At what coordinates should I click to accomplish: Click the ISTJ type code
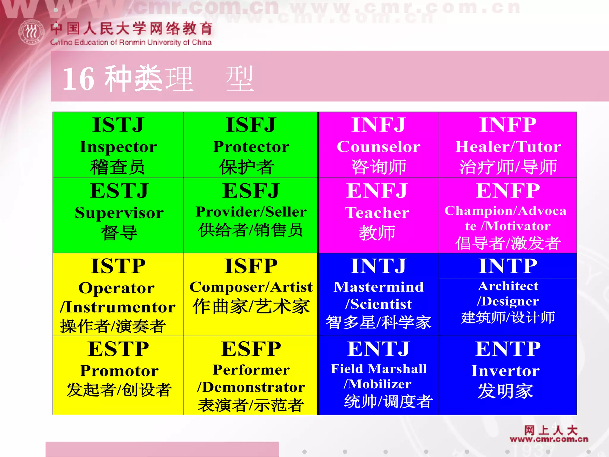pyautogui.click(x=118, y=125)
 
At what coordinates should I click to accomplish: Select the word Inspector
pyautogui.click(x=118, y=147)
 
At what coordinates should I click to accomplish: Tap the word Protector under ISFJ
pyautogui.click(x=251, y=147)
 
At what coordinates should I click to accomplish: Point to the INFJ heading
pyautogui.click(x=378, y=125)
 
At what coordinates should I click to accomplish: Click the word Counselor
pyautogui.click(x=378, y=147)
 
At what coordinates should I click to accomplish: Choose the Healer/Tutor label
pyautogui.click(x=508, y=147)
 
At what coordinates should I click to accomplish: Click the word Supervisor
pyautogui.click(x=119, y=213)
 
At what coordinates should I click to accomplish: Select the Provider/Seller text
pyautogui.click(x=251, y=212)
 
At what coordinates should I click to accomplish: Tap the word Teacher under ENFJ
pyautogui.click(x=377, y=213)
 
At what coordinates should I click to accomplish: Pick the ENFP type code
pyautogui.click(x=508, y=191)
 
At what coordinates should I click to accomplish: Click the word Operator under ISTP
pyautogui.click(x=116, y=288)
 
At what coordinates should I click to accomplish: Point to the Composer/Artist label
pyautogui.click(x=251, y=287)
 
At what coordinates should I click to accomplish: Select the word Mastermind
pyautogui.click(x=378, y=287)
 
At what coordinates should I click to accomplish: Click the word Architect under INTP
pyautogui.click(x=508, y=286)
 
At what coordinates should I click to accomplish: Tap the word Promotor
pyautogui.click(x=119, y=371)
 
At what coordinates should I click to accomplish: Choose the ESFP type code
pyautogui.click(x=251, y=349)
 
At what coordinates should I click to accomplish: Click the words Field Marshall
pyautogui.click(x=378, y=369)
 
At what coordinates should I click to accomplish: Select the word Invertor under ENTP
pyautogui.click(x=505, y=371)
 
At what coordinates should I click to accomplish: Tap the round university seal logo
pyautogui.click(x=32, y=32)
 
